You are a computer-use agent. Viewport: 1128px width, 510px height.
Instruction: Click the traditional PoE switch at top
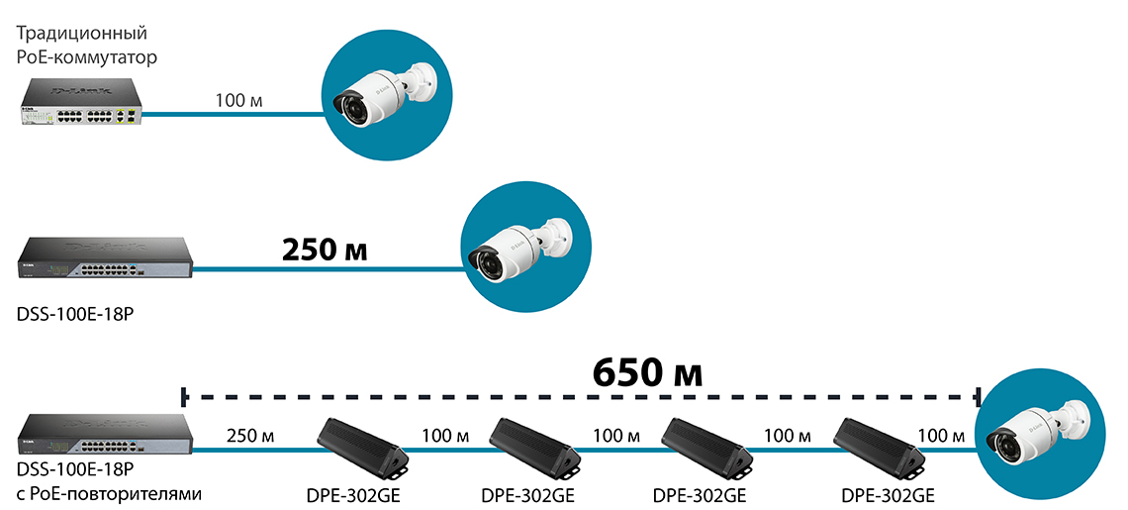tap(79, 107)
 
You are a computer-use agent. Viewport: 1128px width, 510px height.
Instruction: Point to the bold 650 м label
tap(647, 372)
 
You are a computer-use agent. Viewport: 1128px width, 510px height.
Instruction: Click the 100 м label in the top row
tap(238, 100)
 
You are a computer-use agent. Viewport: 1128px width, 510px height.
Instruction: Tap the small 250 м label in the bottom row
tap(250, 436)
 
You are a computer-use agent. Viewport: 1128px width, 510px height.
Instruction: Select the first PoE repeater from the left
tap(362, 446)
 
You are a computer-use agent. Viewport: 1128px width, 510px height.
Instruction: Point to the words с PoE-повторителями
tap(110, 491)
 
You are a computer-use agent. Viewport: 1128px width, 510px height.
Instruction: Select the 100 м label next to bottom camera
tap(943, 436)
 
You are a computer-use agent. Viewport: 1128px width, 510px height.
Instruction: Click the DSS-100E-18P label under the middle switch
tap(74, 315)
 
